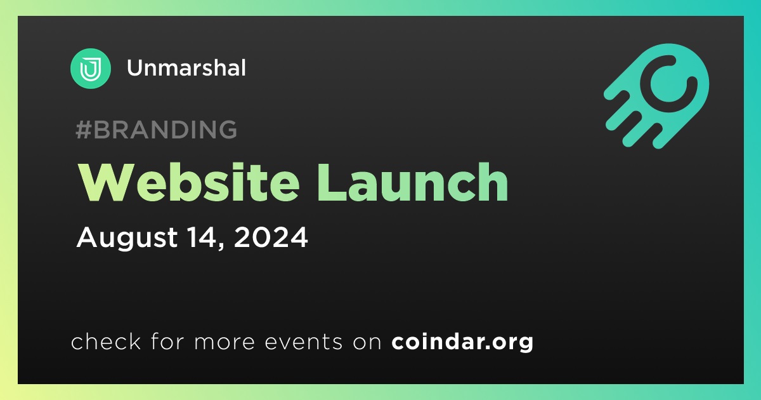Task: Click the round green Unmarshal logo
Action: [90, 69]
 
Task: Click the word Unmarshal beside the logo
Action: [186, 68]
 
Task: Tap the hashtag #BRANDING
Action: [156, 130]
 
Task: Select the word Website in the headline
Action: [189, 182]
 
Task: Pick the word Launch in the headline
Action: [412, 182]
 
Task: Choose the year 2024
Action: [271, 237]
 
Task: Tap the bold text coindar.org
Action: [462, 342]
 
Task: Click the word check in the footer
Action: [106, 341]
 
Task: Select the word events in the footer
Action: [303, 342]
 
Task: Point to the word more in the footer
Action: [224, 342]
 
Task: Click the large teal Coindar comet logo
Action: [656, 97]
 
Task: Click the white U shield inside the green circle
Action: [90, 69]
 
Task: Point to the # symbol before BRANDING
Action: [83, 130]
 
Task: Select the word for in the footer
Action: [167, 341]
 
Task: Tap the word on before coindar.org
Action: [367, 342]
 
